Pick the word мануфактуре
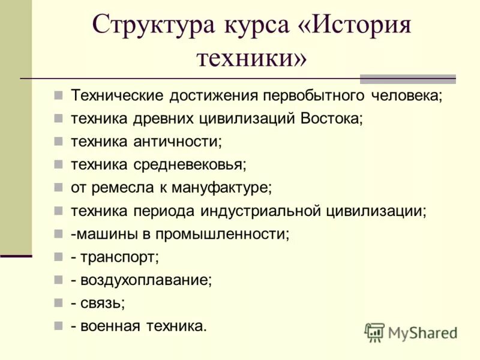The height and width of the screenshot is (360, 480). point(221,188)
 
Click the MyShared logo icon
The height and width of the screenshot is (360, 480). point(374,332)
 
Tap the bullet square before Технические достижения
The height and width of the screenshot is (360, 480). point(58,95)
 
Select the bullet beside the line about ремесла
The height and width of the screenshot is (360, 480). point(58,188)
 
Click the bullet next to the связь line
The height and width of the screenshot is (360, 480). point(58,303)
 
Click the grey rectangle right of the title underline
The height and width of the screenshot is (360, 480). point(407,79)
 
